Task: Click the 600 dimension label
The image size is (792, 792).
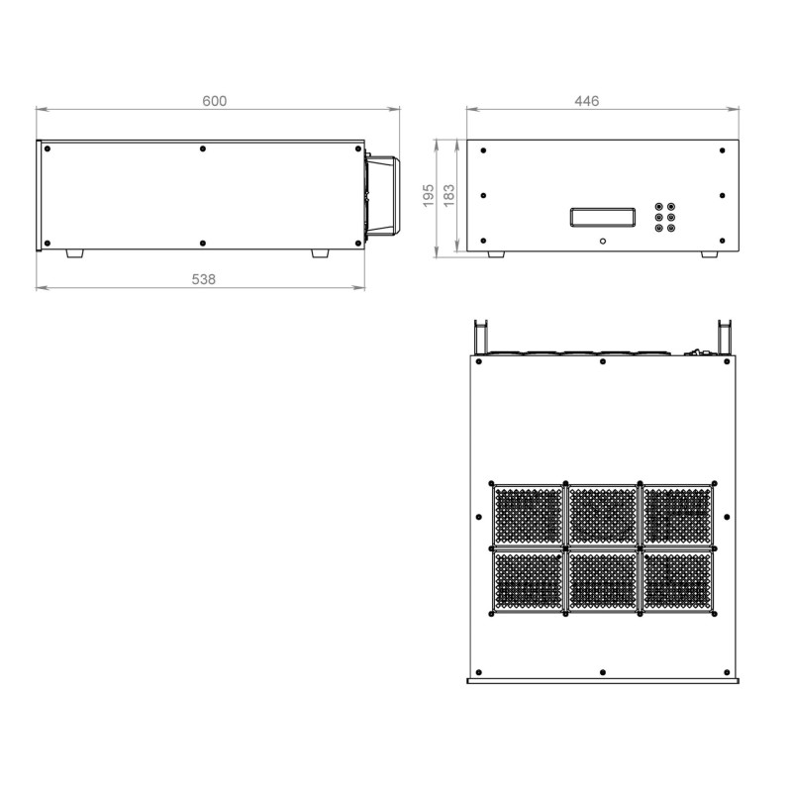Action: pos(214,101)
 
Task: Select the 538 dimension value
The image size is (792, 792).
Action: pos(204,279)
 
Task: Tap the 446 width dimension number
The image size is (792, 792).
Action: pos(586,101)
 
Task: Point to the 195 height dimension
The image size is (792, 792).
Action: pos(429,195)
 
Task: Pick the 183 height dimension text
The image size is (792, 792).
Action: pos(448,195)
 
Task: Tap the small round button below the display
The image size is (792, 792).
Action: pos(603,241)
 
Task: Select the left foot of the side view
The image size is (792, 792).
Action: pos(75,253)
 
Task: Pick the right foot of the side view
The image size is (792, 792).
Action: pos(320,253)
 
